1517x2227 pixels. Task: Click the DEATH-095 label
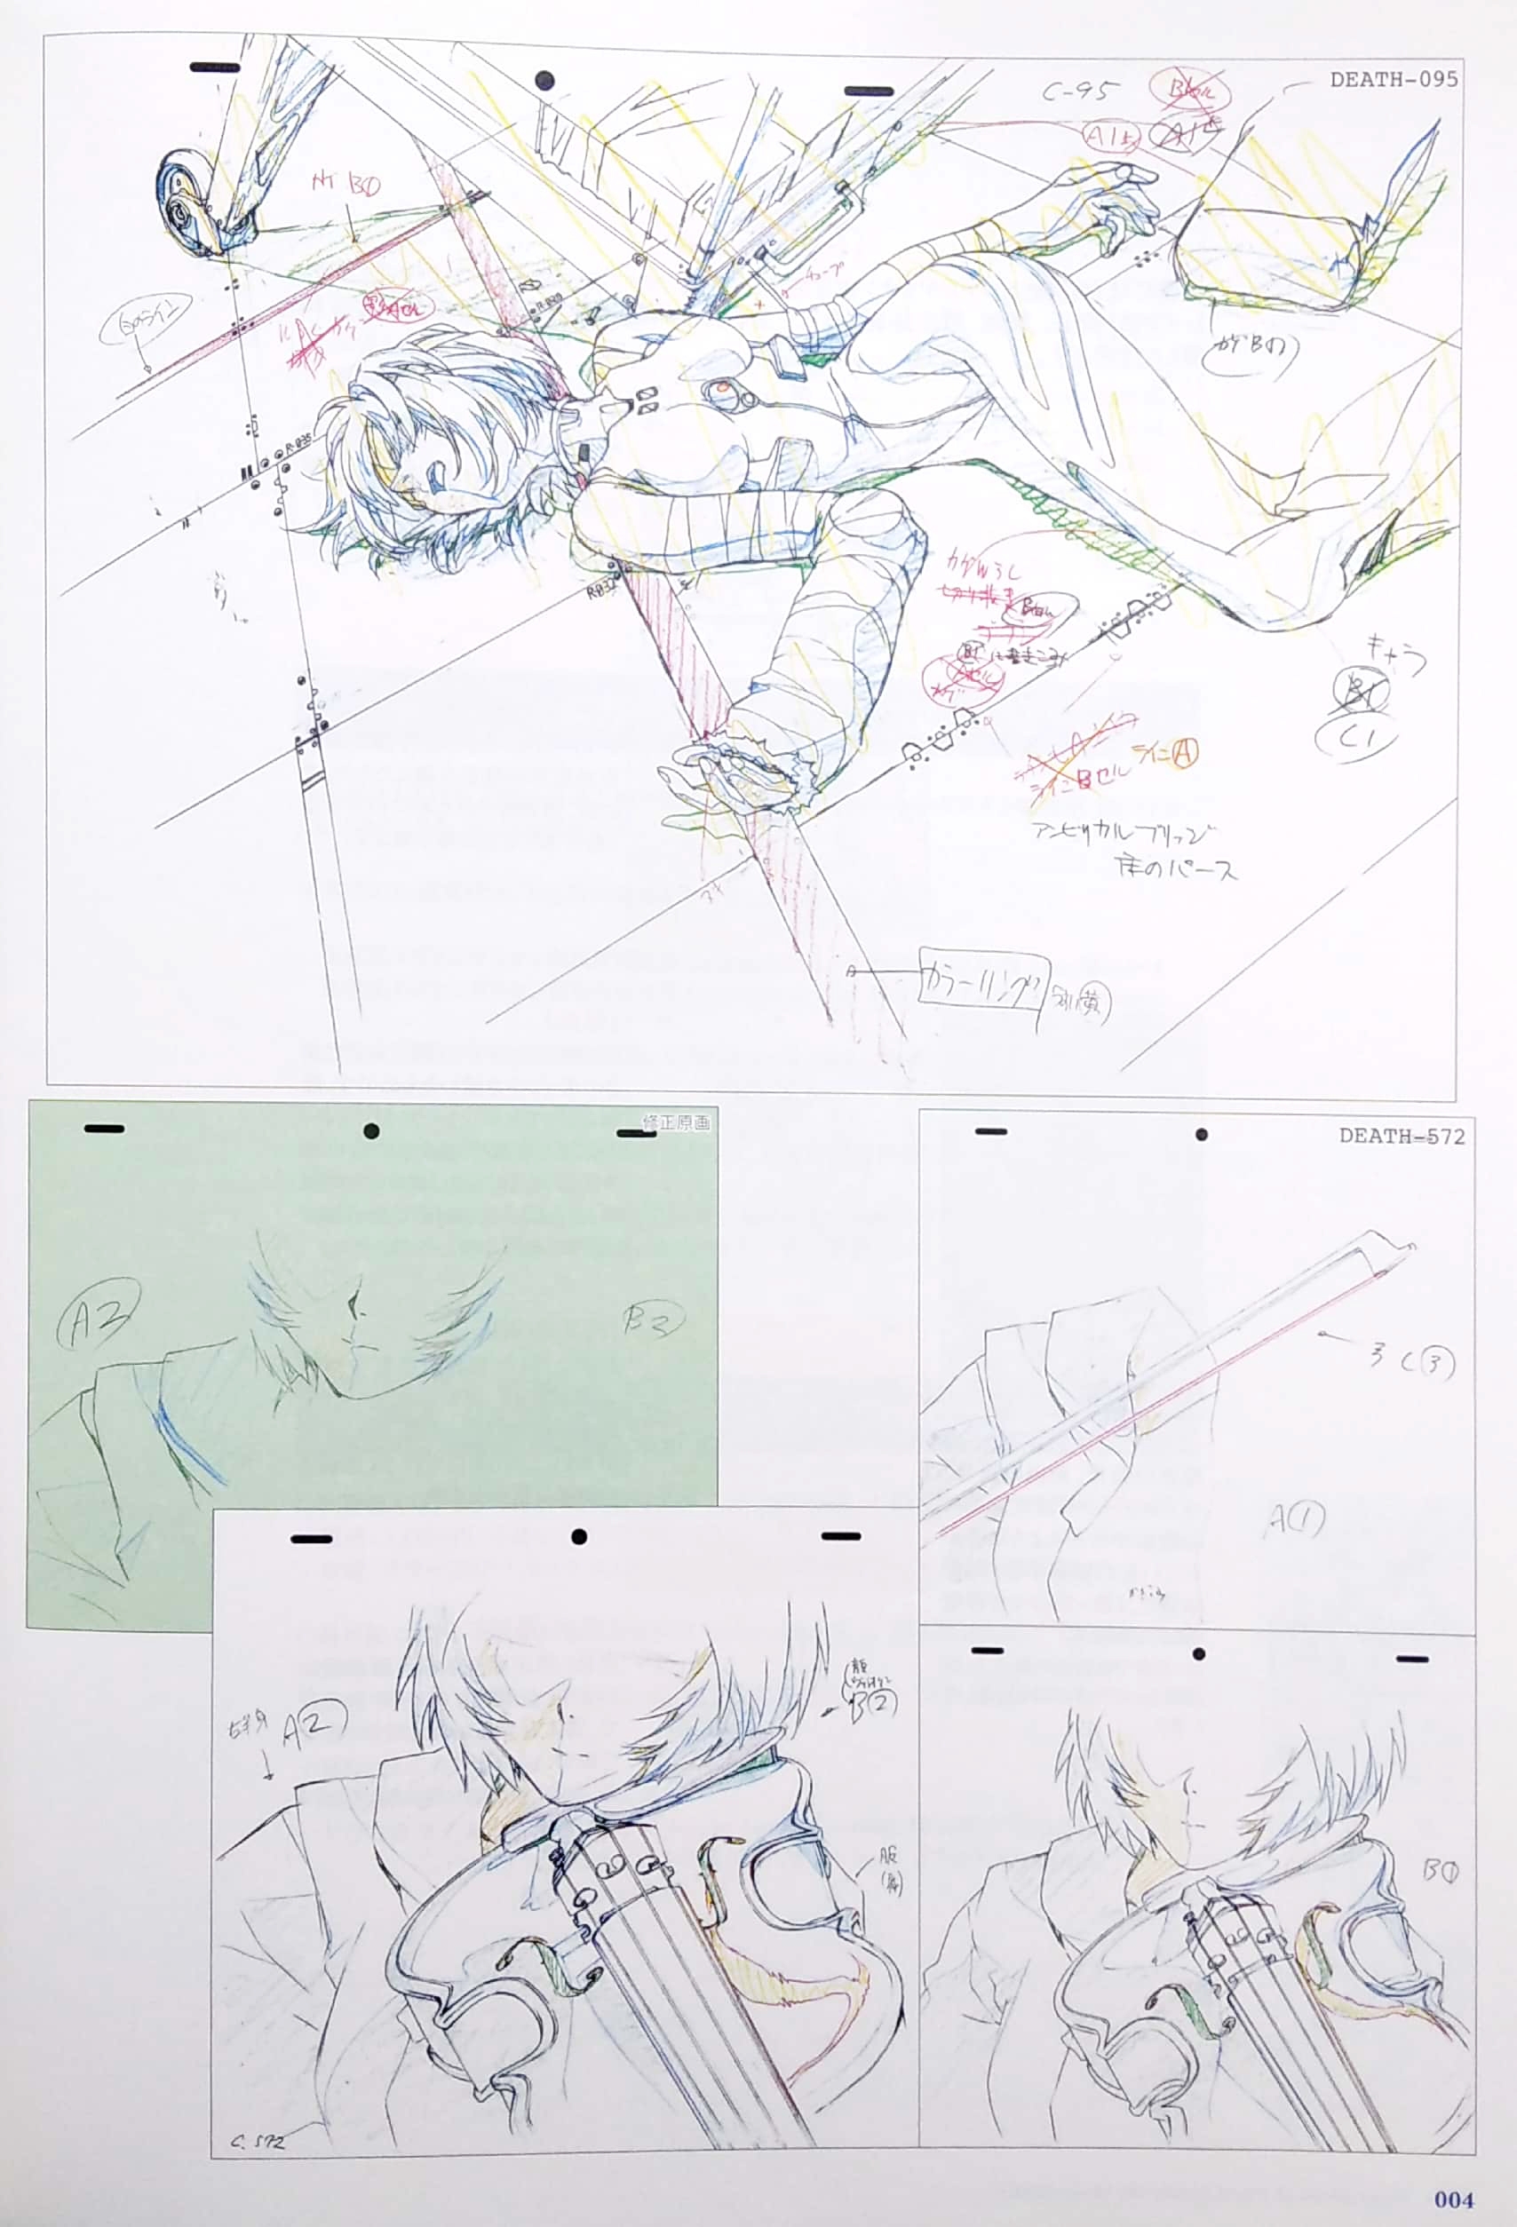coord(1394,80)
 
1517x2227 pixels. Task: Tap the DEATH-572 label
coord(1401,1137)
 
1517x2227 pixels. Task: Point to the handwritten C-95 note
coord(1080,92)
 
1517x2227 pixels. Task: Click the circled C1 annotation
coord(1355,739)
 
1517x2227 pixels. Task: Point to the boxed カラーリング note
coord(983,978)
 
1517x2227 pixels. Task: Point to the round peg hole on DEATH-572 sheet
coord(1201,1135)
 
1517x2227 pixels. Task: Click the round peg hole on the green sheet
coord(371,1132)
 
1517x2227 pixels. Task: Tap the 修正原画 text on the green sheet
coord(676,1122)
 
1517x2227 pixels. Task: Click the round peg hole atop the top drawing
coord(544,81)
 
